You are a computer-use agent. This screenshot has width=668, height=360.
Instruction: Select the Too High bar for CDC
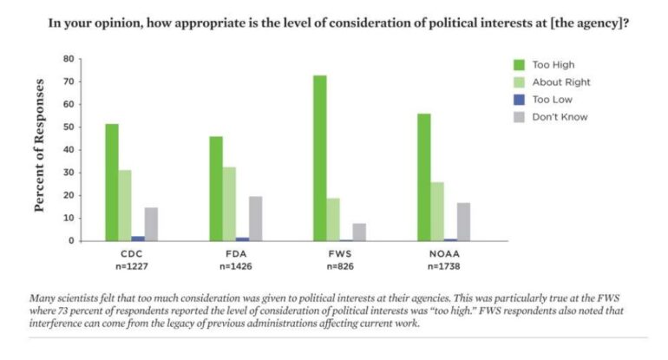pyautogui.click(x=112, y=182)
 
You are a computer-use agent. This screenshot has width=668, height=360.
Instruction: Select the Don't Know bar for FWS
pyautogui.click(x=359, y=232)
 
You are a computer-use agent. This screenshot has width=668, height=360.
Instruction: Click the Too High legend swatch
pyautogui.click(x=520, y=64)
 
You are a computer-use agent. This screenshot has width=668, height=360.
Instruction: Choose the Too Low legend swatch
pyautogui.click(x=520, y=99)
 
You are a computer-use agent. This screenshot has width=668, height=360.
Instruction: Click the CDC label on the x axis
pyautogui.click(x=132, y=254)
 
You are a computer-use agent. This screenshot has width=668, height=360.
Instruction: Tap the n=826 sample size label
pyautogui.click(x=340, y=266)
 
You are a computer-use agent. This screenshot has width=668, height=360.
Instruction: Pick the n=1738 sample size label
pyautogui.click(x=444, y=266)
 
